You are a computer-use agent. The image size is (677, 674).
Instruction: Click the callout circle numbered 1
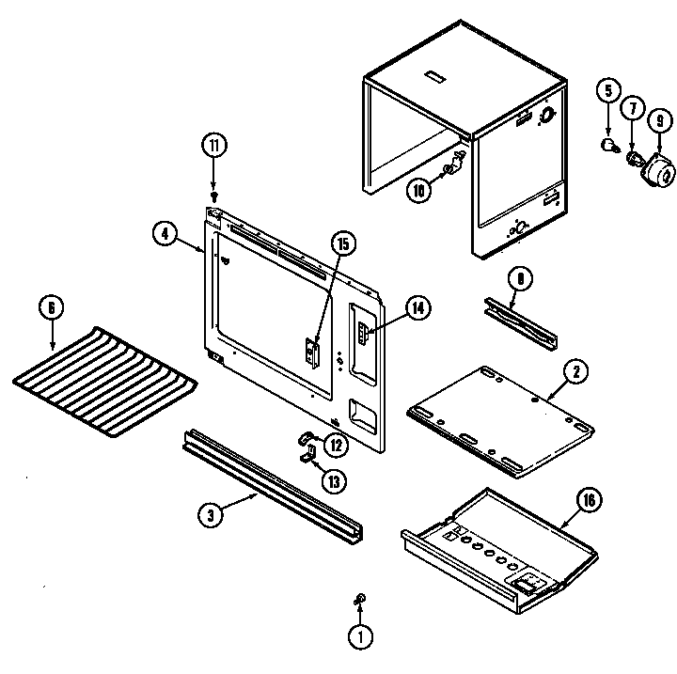pos(358,636)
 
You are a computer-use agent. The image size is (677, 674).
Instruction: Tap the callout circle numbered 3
pos(212,514)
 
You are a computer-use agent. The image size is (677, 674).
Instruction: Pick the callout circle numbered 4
pos(164,232)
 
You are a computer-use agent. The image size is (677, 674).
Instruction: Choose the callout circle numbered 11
pos(214,146)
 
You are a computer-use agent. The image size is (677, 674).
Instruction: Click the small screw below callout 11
pos(214,197)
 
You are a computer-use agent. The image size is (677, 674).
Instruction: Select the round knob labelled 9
pos(657,171)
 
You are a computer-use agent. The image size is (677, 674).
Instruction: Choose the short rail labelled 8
pos(519,321)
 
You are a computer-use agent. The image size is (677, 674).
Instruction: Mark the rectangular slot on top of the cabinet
pos(436,72)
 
